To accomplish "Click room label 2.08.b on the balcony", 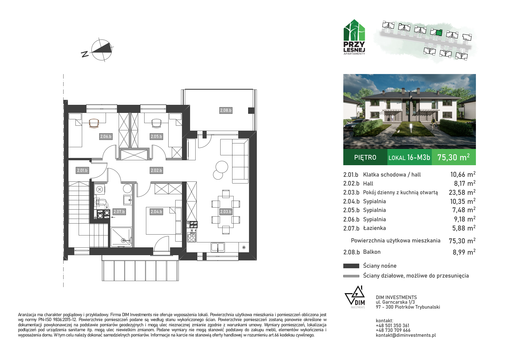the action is click(x=226, y=110).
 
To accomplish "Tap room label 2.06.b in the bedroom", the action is click(x=106, y=136).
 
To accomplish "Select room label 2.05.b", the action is click(x=156, y=136).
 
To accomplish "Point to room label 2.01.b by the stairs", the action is click(x=82, y=170).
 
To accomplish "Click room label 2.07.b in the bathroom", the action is click(x=119, y=212).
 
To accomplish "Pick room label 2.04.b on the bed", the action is click(x=156, y=212).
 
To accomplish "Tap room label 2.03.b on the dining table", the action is click(x=226, y=212).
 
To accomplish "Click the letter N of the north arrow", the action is click(x=85, y=54).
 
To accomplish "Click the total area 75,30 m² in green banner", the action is click(x=454, y=157).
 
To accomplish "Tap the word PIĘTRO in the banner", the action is click(x=365, y=157).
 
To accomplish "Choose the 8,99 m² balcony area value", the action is click(x=464, y=252).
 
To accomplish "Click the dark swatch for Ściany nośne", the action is click(x=351, y=266).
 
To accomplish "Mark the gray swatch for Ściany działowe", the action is click(x=351, y=276).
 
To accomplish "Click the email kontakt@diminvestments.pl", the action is click(x=406, y=335).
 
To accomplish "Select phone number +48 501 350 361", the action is click(x=393, y=325).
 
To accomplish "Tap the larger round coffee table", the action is click(x=222, y=167).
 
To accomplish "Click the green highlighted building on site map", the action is click(x=439, y=33).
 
